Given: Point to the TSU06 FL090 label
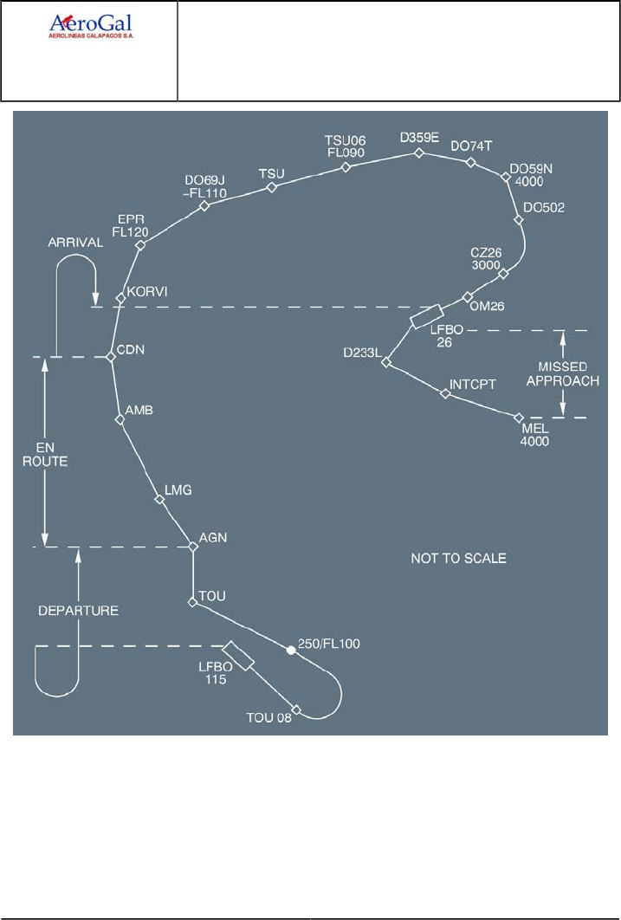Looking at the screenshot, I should point(346,146).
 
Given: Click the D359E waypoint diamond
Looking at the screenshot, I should point(418,153).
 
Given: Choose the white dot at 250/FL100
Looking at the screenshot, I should point(291,650).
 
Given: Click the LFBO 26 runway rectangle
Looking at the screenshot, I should point(425,317).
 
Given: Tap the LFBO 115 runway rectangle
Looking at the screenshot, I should point(237,656).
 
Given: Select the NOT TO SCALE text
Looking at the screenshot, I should point(458,559).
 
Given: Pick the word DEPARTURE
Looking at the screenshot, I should point(78,610).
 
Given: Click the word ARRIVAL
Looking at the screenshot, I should point(75,243).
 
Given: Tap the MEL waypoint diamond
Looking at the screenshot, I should point(520,418).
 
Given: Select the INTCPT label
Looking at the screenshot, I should point(471,383).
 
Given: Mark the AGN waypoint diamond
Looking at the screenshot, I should point(193,546).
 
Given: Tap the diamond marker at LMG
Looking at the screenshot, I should point(158,500).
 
